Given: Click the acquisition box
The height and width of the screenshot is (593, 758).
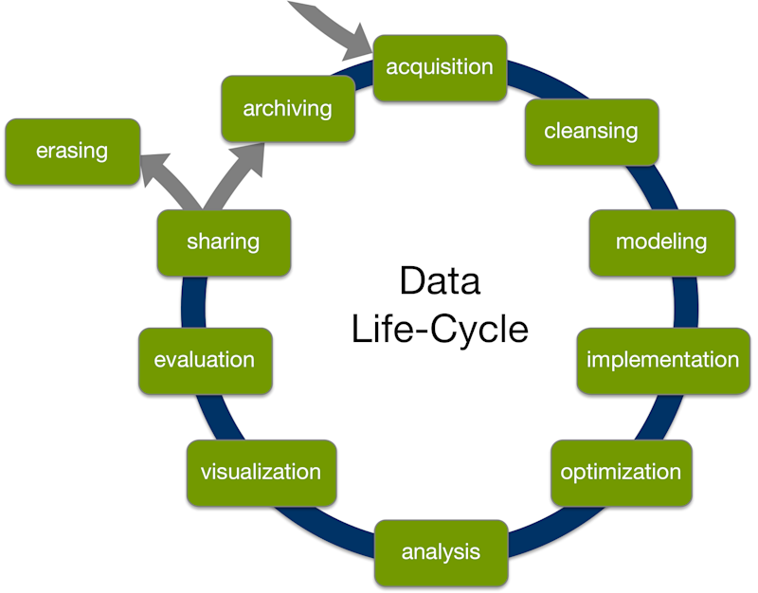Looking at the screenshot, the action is [440, 67].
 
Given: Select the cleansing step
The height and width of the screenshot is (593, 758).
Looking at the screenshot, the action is [591, 131].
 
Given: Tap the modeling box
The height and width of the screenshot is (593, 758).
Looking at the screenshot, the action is [660, 242].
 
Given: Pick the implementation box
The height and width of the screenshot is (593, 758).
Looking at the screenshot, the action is [662, 360].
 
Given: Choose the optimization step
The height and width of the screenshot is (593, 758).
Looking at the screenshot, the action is [621, 472].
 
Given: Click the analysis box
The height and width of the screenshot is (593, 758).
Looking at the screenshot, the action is [441, 551].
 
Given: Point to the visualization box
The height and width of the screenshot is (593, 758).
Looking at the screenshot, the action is [261, 472].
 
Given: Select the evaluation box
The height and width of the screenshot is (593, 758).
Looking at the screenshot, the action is [205, 360].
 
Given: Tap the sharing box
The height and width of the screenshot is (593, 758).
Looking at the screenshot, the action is [224, 242].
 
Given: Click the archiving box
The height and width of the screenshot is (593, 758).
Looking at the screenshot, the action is [287, 109].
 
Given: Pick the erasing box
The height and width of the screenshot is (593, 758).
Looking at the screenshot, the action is [72, 151].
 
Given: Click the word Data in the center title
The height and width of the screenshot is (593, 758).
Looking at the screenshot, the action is [440, 281].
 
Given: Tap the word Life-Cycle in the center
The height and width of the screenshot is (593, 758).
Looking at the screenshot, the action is [440, 329].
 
